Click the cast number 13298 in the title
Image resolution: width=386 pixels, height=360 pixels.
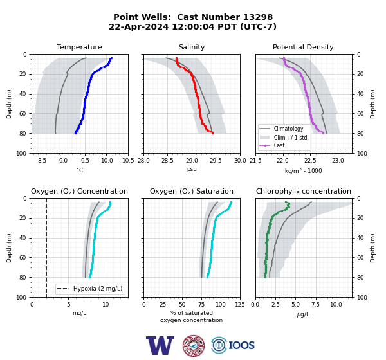pos(258,17)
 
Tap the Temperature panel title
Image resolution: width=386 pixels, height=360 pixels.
pos(79,47)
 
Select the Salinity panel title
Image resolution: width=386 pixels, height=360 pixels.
pos(192,47)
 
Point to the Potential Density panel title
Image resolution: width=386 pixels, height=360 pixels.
pos(303,47)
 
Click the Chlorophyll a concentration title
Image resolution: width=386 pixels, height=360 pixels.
pos(303,191)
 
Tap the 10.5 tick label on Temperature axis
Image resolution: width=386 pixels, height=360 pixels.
pos(128,161)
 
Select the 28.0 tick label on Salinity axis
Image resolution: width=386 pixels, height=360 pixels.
pos(143,161)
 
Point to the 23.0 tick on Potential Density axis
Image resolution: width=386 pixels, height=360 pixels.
pos(338,161)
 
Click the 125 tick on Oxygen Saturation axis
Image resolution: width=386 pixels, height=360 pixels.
pos(240,305)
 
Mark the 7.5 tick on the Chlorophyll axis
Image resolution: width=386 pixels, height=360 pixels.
pos(315,305)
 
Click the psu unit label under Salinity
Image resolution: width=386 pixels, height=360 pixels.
pos(192,169)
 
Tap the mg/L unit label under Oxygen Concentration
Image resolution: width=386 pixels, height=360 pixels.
pos(80,313)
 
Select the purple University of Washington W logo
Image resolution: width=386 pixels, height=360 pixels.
pos(160,345)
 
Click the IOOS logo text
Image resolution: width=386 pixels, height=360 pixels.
pos(241,345)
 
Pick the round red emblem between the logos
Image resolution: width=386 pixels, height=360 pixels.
pos(194,345)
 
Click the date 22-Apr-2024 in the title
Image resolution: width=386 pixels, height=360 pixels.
pos(139,26)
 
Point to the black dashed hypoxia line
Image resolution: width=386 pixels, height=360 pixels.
pos(46,248)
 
